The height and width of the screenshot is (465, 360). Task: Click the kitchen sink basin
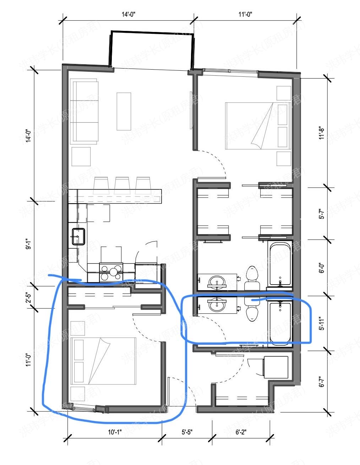[x=78, y=237]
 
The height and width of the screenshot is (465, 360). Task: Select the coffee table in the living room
[x=124, y=111]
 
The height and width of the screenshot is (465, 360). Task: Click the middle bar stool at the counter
[x=122, y=185]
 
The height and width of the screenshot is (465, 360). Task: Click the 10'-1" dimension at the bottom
[x=114, y=432]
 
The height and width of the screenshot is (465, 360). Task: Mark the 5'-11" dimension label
[x=322, y=323]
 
